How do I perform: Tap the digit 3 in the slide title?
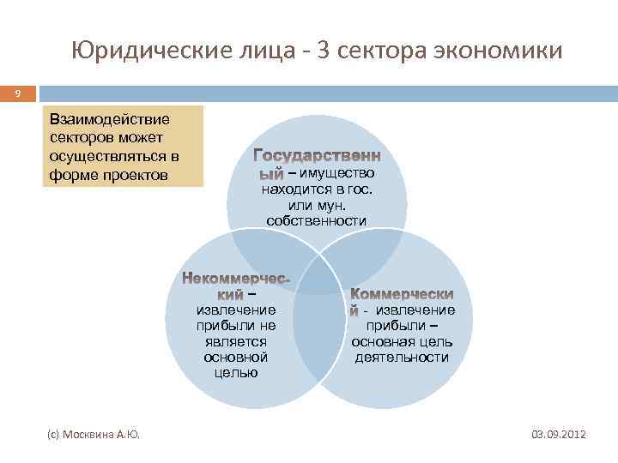pos(325,51)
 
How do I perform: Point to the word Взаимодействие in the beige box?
pos(110,118)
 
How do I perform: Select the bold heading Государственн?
pos(318,156)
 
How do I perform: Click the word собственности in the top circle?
pos(317,221)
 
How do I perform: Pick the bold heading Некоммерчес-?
pos(237,280)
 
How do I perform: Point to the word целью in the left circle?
pos(235,372)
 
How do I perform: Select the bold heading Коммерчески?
pos(403,294)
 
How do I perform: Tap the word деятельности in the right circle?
pos(402,357)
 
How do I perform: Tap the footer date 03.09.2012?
pos(559,436)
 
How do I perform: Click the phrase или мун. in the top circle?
pos(317,205)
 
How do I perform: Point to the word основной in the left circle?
pos(235,356)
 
